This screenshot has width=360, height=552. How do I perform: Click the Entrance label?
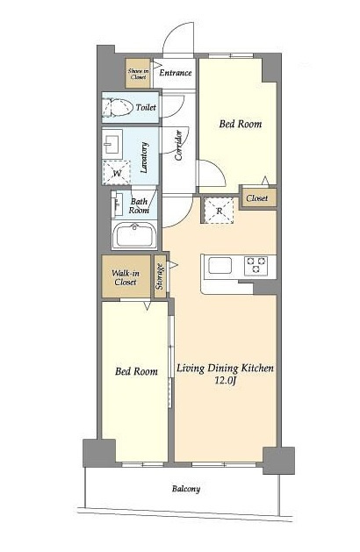[x=176, y=73]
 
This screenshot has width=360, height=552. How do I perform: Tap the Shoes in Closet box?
[x=138, y=73]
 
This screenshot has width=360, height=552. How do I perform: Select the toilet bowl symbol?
[x=118, y=107]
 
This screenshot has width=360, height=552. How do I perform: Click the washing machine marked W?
[x=117, y=173]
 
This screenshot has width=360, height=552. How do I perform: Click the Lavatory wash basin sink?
[x=112, y=142]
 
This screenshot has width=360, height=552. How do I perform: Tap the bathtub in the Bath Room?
[x=134, y=235]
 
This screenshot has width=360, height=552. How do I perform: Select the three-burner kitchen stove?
[x=256, y=266]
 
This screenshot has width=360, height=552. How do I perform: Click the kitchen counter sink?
[x=220, y=265]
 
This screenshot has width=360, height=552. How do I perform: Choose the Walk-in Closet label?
[x=126, y=277]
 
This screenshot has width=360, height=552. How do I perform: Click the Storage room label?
[x=160, y=276]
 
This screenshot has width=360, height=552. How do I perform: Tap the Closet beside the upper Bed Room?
[x=256, y=198]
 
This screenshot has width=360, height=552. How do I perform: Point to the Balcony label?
[x=186, y=489]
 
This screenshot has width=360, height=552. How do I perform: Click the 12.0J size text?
[x=225, y=380]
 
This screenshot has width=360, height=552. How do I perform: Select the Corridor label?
[x=179, y=146]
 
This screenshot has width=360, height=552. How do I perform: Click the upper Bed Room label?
[x=241, y=124]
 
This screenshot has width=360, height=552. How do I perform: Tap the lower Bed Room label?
[x=136, y=371]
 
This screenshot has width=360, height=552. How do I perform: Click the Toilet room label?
[x=146, y=107]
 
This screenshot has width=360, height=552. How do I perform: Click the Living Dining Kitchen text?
[x=225, y=369]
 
